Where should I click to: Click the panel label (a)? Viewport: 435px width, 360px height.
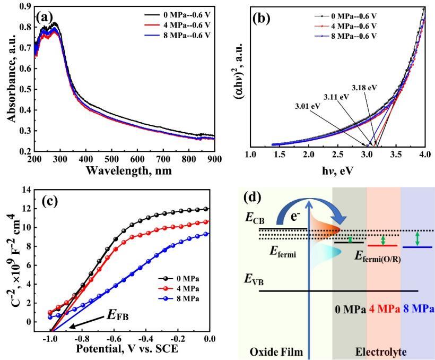(x=44, y=16)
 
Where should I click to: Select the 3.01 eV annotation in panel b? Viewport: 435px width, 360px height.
(x=308, y=106)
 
